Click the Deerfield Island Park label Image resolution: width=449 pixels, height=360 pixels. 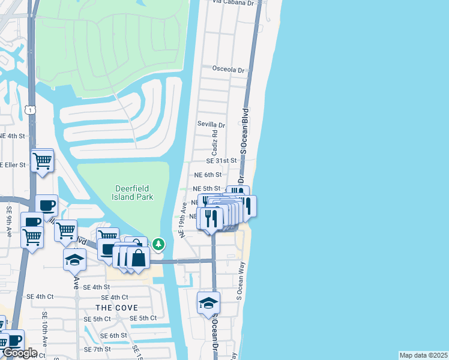134,193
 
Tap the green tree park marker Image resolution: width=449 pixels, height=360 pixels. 158,244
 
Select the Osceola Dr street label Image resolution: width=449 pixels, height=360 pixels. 229,70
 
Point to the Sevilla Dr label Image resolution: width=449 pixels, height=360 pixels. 211,125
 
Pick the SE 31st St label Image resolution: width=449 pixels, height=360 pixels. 223,161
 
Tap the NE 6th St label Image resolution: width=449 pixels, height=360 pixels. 208,175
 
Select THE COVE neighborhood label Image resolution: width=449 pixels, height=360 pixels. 112,307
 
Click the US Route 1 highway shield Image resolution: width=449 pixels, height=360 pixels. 31,110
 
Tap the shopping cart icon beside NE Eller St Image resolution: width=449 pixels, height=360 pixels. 42,161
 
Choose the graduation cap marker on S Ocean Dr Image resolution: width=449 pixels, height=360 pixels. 208,303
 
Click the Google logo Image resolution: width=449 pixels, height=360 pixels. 19,353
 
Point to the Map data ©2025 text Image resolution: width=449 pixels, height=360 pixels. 424,355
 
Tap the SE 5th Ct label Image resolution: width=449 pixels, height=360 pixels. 143,318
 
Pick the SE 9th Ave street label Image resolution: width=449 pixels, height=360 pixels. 10,220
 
